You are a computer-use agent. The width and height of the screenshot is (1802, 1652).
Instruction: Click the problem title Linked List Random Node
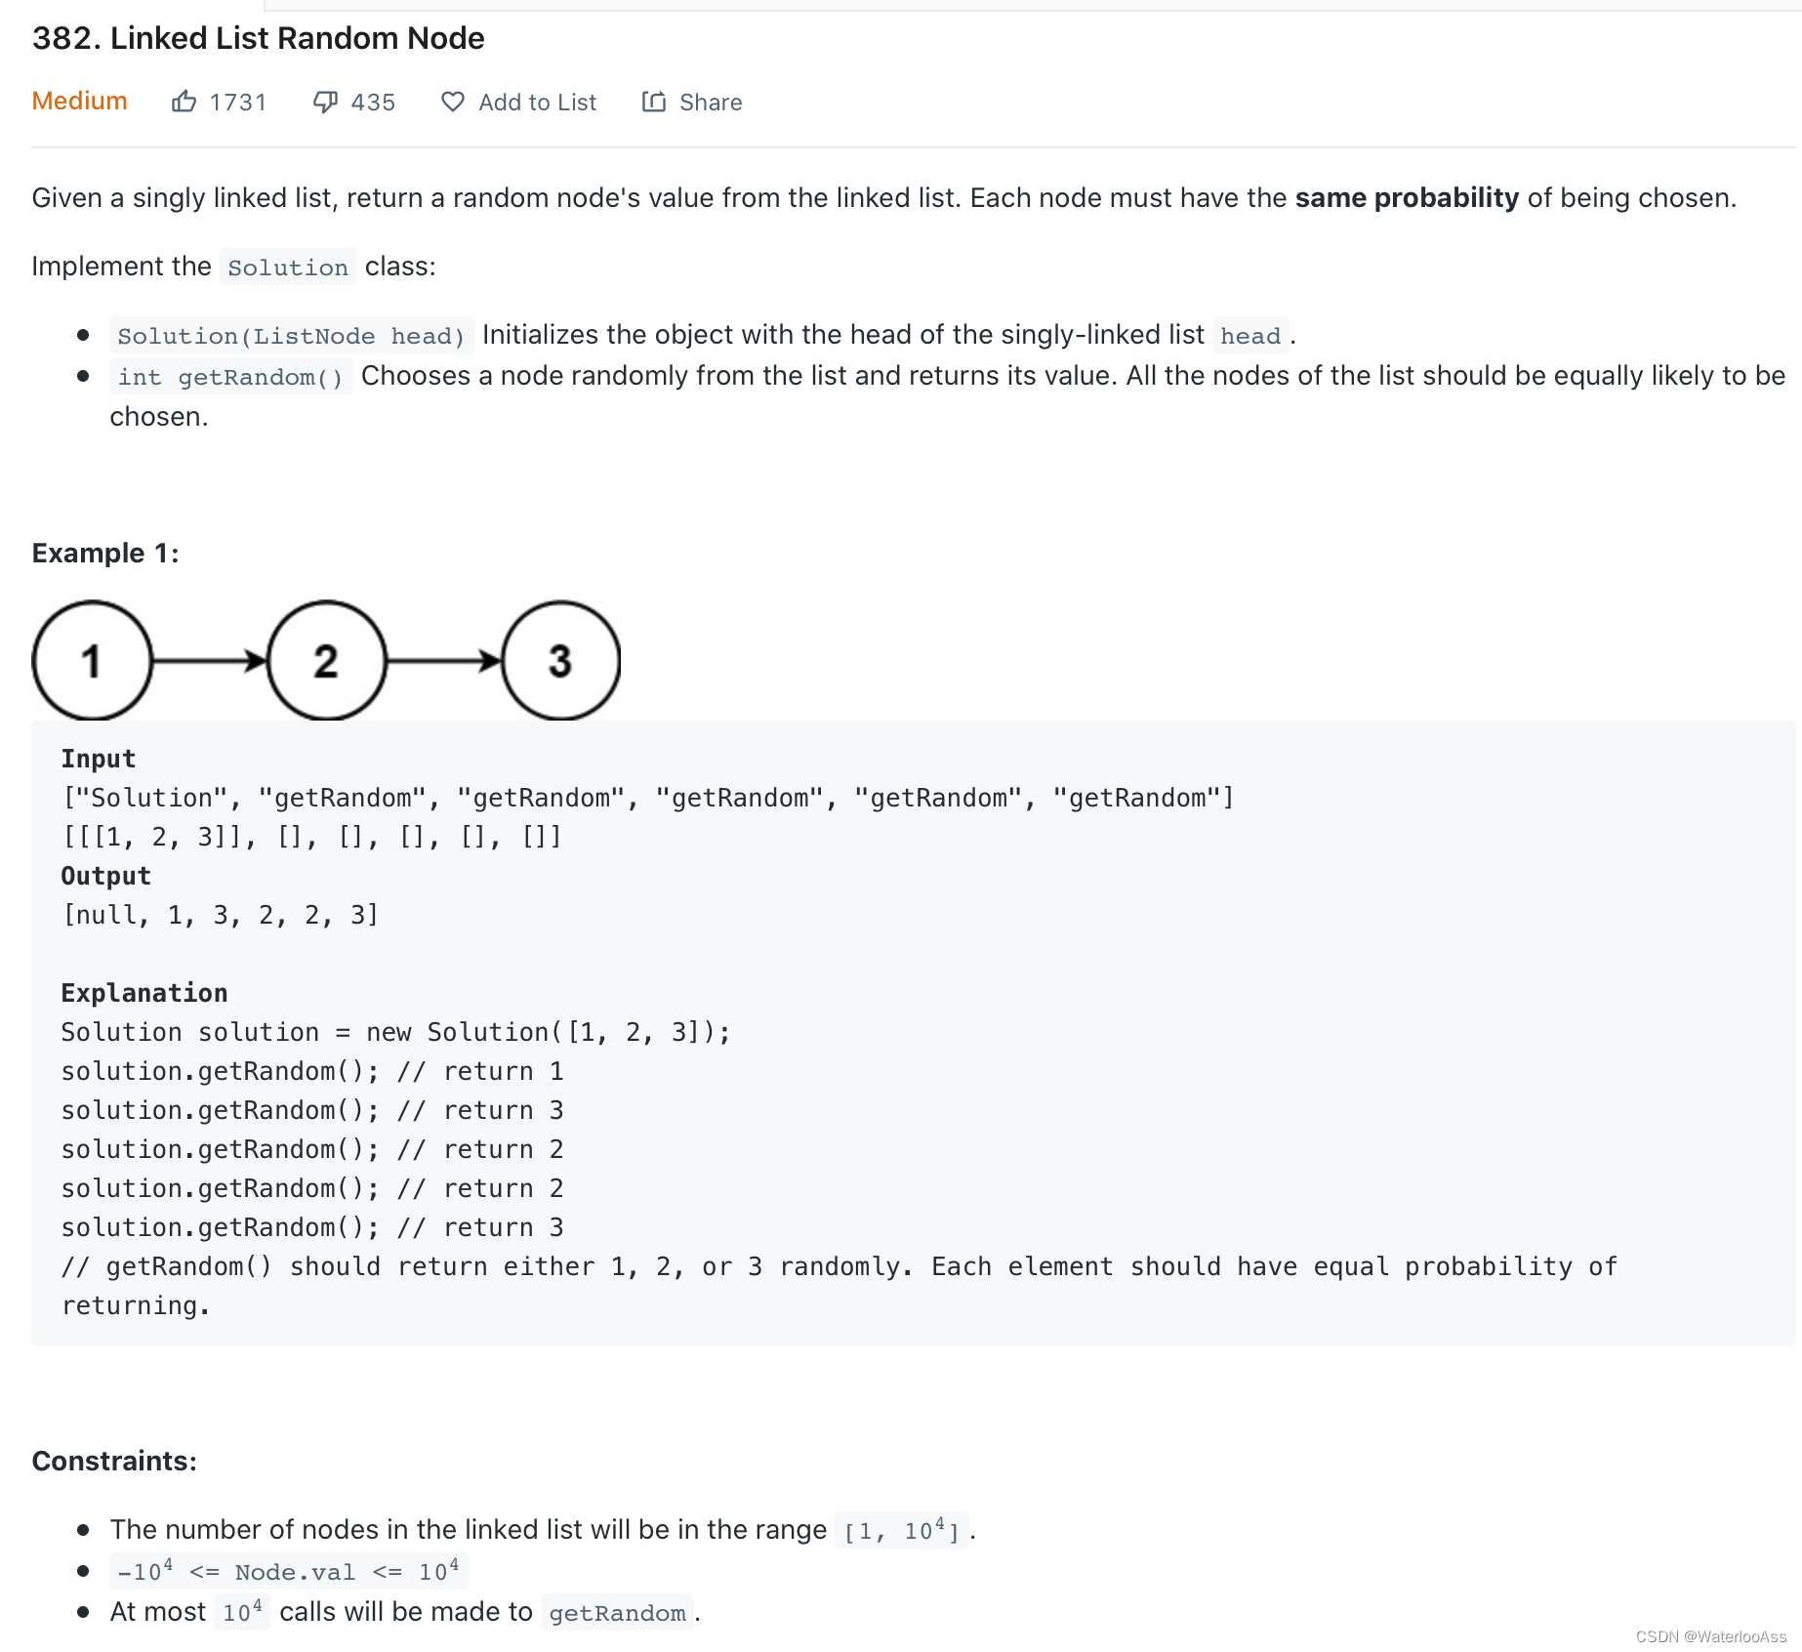[259, 38]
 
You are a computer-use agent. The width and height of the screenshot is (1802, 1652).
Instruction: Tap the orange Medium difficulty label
[79, 101]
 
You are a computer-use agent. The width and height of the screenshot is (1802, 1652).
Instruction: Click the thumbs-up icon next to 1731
[184, 102]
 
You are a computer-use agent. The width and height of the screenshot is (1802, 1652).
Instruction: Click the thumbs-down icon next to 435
[325, 102]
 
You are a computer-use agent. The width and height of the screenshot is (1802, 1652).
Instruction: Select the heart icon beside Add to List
[452, 102]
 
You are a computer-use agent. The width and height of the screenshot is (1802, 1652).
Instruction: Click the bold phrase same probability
[1407, 197]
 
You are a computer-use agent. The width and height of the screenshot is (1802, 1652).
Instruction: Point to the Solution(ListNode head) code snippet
[291, 336]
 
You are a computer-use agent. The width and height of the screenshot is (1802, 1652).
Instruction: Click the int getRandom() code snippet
[230, 377]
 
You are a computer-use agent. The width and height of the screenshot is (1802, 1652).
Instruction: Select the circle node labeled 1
[92, 661]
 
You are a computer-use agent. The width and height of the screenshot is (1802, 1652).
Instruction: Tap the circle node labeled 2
[326, 661]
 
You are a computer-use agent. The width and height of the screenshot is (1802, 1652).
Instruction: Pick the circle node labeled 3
[560, 661]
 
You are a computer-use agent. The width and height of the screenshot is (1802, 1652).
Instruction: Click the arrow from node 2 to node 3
[444, 661]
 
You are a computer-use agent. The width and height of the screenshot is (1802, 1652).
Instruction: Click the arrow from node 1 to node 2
[210, 661]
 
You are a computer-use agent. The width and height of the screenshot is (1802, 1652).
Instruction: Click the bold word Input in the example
[98, 759]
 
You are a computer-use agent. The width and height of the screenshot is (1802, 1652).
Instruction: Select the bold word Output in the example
[105, 876]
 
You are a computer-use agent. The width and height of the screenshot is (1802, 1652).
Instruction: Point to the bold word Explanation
[143, 993]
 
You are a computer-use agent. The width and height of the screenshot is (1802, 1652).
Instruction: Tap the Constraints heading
[114, 1461]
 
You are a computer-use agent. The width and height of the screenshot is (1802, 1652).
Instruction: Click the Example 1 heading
[105, 553]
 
